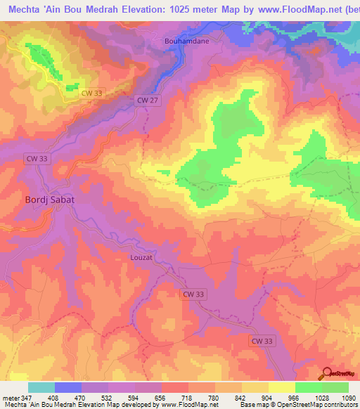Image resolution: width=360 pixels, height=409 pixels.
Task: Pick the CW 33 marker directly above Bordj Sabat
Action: pyautogui.click(x=37, y=159)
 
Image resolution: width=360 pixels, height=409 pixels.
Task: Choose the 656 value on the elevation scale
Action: pyautogui.click(x=160, y=397)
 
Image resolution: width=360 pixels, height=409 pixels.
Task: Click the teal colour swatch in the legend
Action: pyautogui.click(x=41, y=387)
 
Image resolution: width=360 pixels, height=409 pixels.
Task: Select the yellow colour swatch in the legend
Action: pyautogui.click(x=281, y=387)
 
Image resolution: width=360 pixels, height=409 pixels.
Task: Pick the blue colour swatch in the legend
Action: pyautogui.click(x=68, y=387)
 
